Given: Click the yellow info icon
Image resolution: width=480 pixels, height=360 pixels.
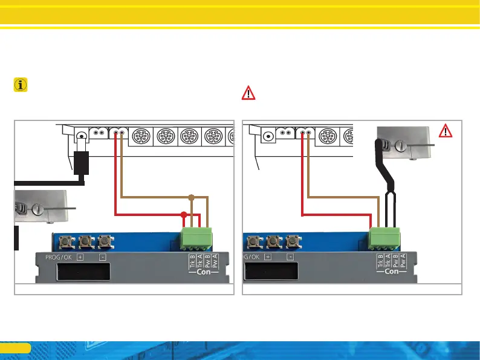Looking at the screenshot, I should click(21, 85).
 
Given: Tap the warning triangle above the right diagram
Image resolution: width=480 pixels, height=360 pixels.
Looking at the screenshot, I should click(248, 93).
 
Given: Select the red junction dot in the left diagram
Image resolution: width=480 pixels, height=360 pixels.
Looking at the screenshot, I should click(184, 214).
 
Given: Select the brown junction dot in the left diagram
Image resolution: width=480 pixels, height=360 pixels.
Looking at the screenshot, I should click(192, 197).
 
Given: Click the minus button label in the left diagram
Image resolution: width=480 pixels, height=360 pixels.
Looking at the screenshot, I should click(102, 257).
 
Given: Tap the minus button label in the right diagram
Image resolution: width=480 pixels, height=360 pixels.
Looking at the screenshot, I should click(290, 257).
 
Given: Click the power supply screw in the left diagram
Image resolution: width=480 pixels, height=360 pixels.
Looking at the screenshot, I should click(37, 209).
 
